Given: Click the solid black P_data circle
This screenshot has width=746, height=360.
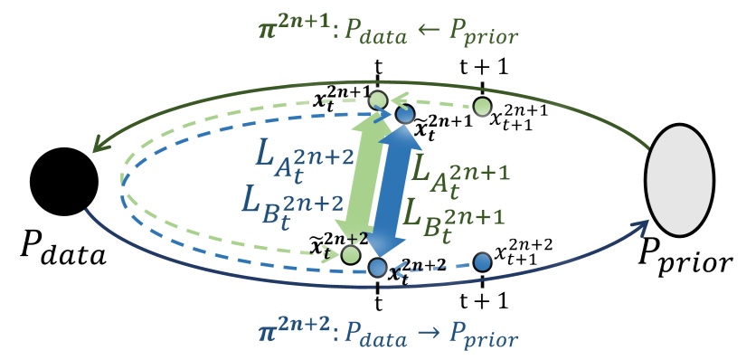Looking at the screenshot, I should (x=64, y=184).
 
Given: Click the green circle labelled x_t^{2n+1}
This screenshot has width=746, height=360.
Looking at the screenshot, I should (x=379, y=100).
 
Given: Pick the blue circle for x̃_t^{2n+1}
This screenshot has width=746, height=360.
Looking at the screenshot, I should (x=404, y=115).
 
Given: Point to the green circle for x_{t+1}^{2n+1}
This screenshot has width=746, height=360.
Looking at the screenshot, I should (x=482, y=106).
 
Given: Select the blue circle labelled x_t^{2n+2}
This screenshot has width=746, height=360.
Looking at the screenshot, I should (x=379, y=267).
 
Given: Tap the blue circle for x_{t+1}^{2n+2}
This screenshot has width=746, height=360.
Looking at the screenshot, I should (x=482, y=261).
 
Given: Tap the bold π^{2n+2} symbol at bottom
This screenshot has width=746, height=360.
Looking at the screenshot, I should (x=284, y=339).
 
